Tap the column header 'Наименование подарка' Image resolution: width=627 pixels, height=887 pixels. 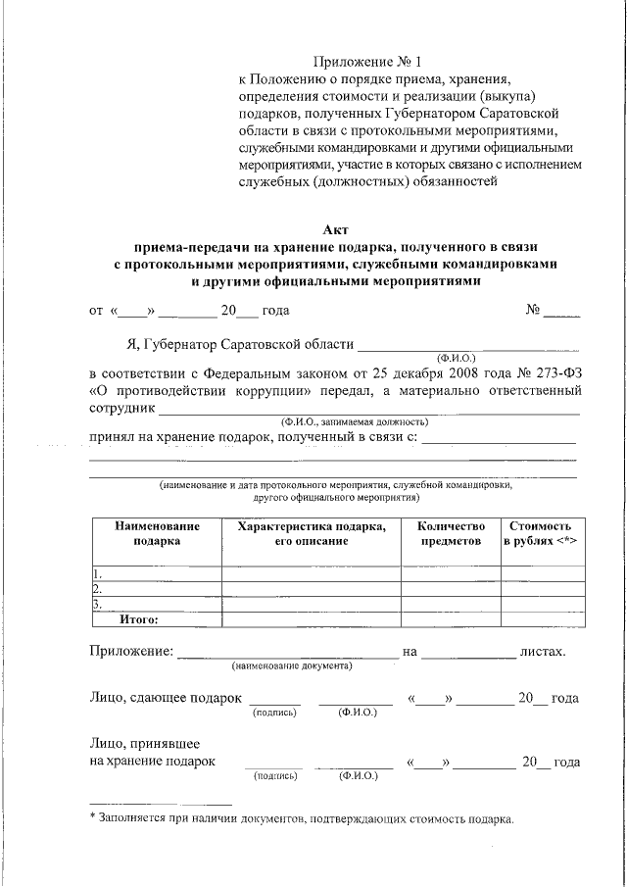tap(157, 533)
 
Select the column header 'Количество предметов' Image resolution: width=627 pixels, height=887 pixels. tap(451, 533)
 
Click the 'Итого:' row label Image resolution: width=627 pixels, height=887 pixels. tap(139, 619)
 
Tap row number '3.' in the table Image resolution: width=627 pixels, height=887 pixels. tap(97, 605)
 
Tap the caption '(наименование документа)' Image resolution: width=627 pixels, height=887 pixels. tap(292, 665)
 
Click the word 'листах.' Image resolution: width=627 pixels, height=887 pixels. tap(542, 650)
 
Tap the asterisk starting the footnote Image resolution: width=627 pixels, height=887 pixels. tap(92, 818)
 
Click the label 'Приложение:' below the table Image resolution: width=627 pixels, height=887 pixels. tap(131, 650)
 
